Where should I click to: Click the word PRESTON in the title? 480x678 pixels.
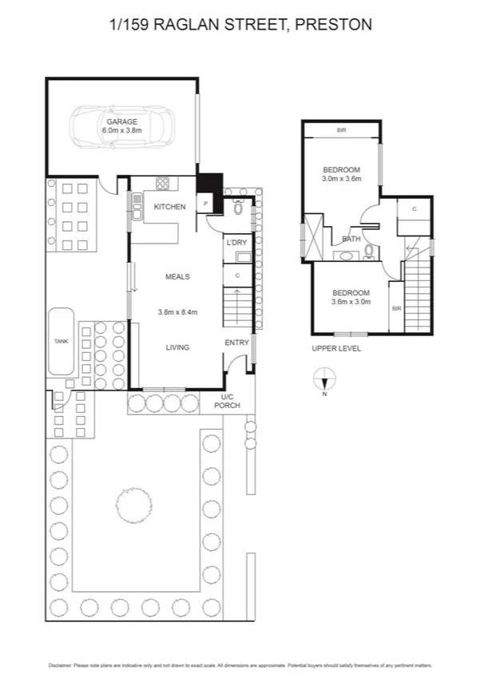(x=333, y=25)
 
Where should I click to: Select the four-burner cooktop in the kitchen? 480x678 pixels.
(x=163, y=184)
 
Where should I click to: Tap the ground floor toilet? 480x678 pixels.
(x=239, y=209)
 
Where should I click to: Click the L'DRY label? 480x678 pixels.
(x=236, y=242)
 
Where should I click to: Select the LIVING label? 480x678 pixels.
(x=177, y=347)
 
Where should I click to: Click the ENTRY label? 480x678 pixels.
(x=236, y=343)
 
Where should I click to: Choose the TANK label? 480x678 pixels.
(x=61, y=341)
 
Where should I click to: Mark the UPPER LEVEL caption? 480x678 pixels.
(x=336, y=349)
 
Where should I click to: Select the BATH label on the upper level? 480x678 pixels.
(x=351, y=239)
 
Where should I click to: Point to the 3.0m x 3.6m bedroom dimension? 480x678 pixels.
(x=342, y=179)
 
